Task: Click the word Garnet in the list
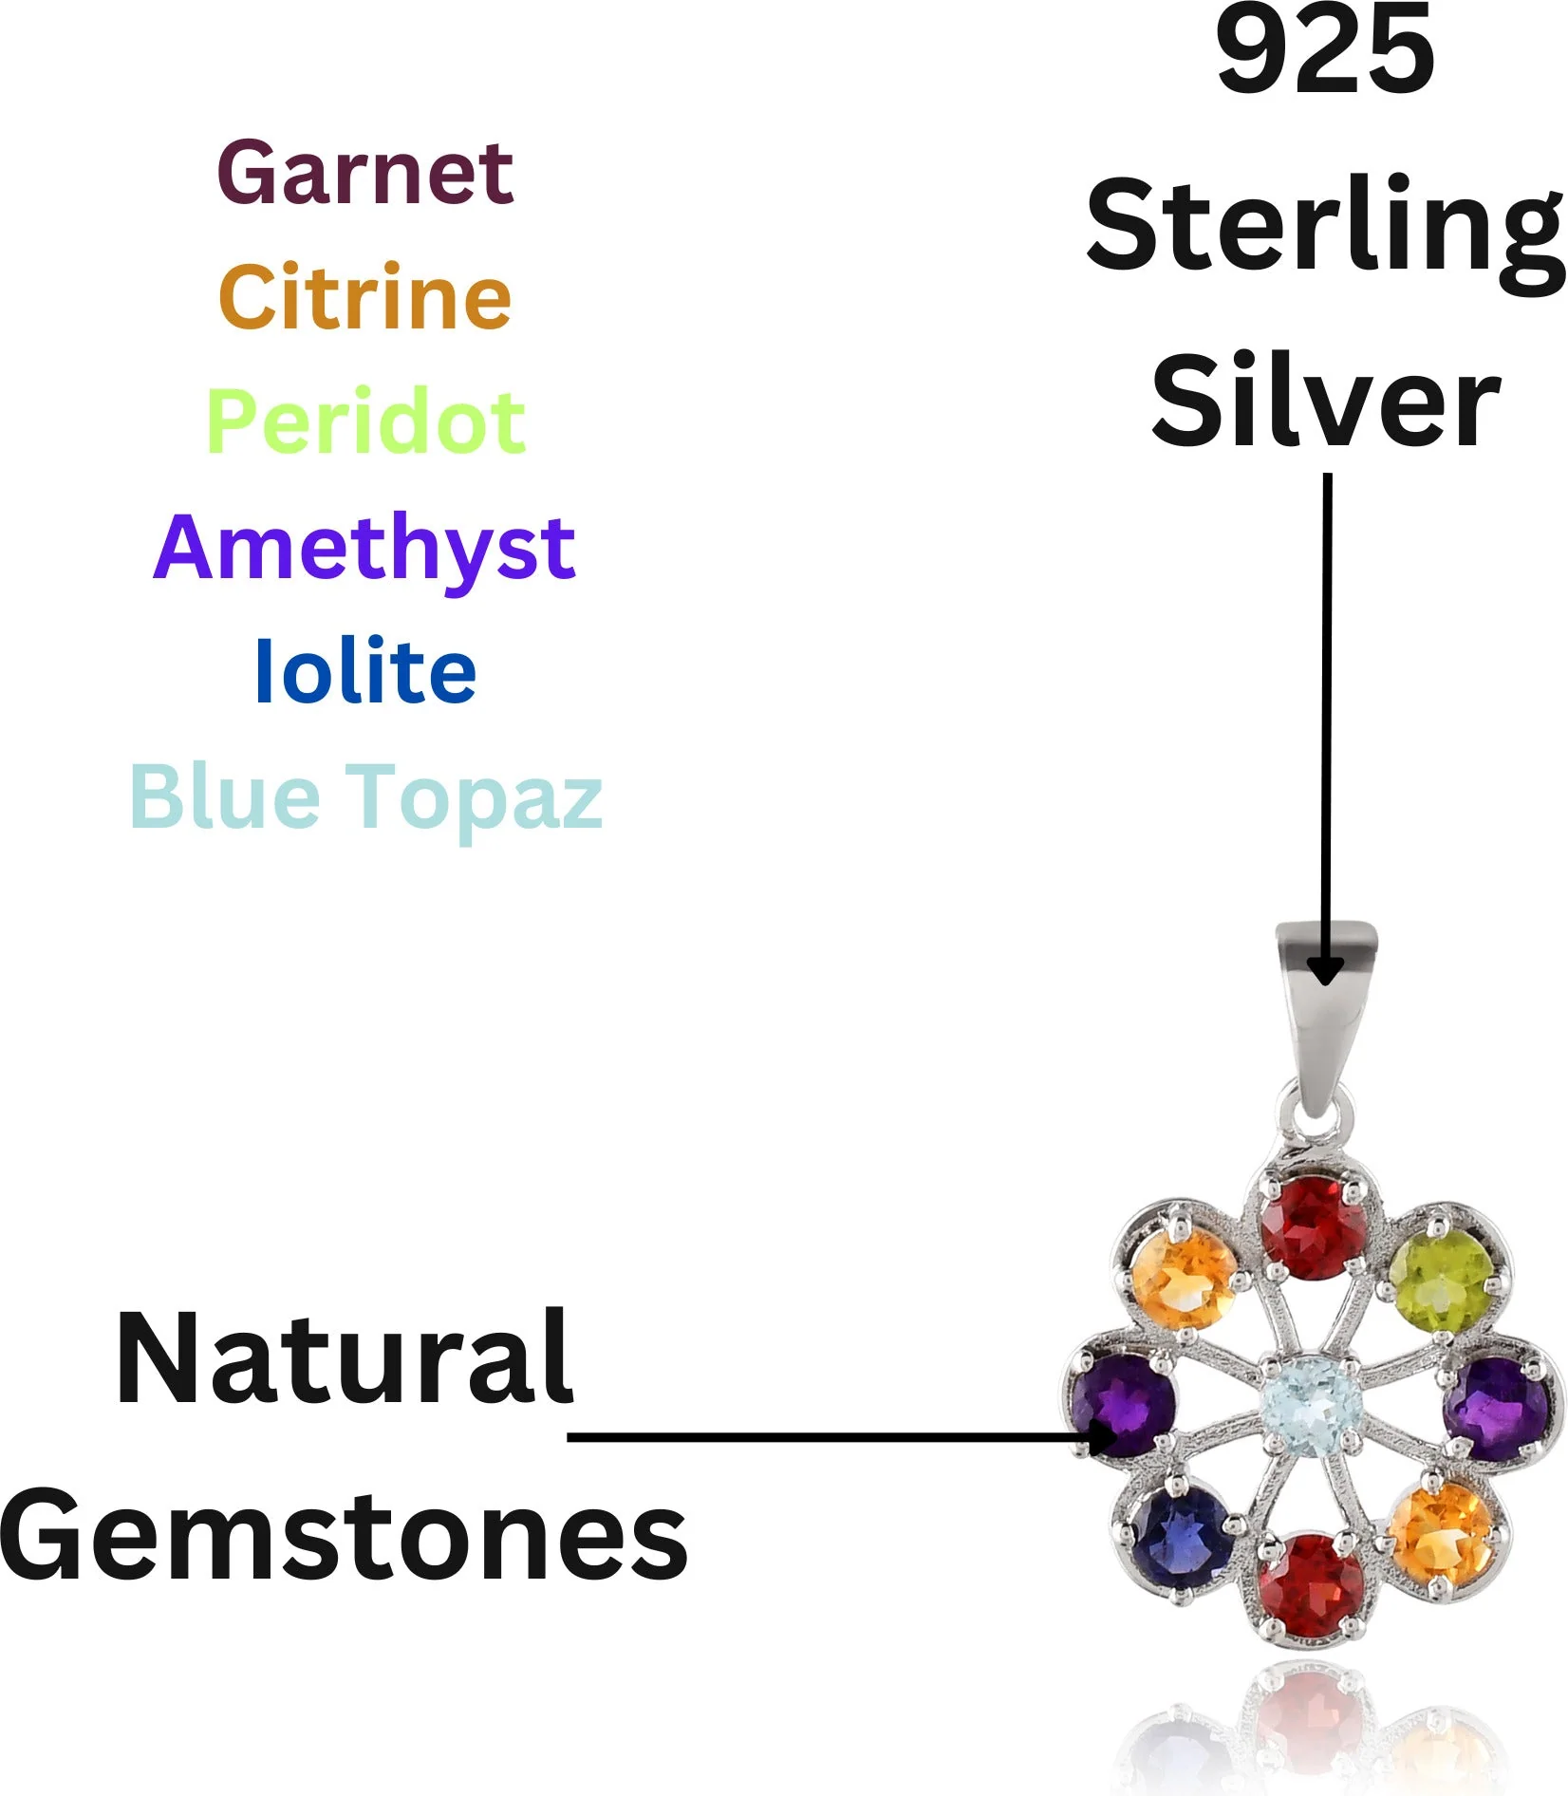coord(365,173)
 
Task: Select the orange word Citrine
coord(365,297)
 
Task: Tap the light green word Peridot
coord(365,422)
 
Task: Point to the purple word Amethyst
coord(364,548)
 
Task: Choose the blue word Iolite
coord(365,672)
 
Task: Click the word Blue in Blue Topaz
coord(225,796)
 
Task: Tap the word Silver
coord(1325,401)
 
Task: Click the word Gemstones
coord(344,1536)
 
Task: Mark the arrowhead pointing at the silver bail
coord(1325,970)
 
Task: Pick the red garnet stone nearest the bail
coord(1314,1228)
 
